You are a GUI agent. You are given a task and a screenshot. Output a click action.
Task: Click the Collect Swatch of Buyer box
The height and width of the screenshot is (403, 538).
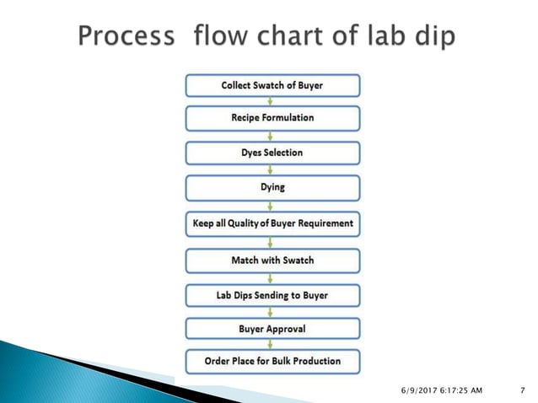click(x=272, y=85)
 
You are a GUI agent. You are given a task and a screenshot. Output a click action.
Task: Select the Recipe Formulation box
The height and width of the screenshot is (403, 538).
click(x=272, y=118)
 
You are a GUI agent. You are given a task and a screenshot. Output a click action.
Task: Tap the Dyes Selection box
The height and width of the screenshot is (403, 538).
click(x=272, y=153)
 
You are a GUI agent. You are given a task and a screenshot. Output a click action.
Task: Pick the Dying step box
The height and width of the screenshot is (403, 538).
click(x=272, y=187)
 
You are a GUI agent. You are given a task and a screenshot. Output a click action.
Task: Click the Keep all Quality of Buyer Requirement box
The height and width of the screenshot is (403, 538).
click(x=272, y=224)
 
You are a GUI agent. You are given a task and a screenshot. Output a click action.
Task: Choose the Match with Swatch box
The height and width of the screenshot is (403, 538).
click(x=272, y=261)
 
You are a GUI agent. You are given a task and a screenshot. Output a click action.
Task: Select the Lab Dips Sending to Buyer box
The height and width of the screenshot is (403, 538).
click(x=272, y=295)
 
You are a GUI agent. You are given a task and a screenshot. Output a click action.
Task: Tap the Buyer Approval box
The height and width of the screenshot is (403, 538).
click(x=272, y=329)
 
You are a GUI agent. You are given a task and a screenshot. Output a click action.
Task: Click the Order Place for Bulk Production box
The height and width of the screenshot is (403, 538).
click(x=272, y=361)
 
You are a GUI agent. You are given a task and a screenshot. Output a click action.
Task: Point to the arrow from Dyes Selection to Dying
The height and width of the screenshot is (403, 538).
click(x=272, y=169)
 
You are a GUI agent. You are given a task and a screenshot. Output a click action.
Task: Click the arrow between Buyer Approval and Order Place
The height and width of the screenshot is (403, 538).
click(x=272, y=345)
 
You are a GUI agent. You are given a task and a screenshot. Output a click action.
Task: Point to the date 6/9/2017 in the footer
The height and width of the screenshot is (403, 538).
click(x=420, y=390)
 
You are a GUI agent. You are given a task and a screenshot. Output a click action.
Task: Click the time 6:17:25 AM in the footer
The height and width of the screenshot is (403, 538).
click(x=465, y=390)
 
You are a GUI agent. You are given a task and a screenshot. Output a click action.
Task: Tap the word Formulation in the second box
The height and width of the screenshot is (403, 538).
click(x=288, y=118)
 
